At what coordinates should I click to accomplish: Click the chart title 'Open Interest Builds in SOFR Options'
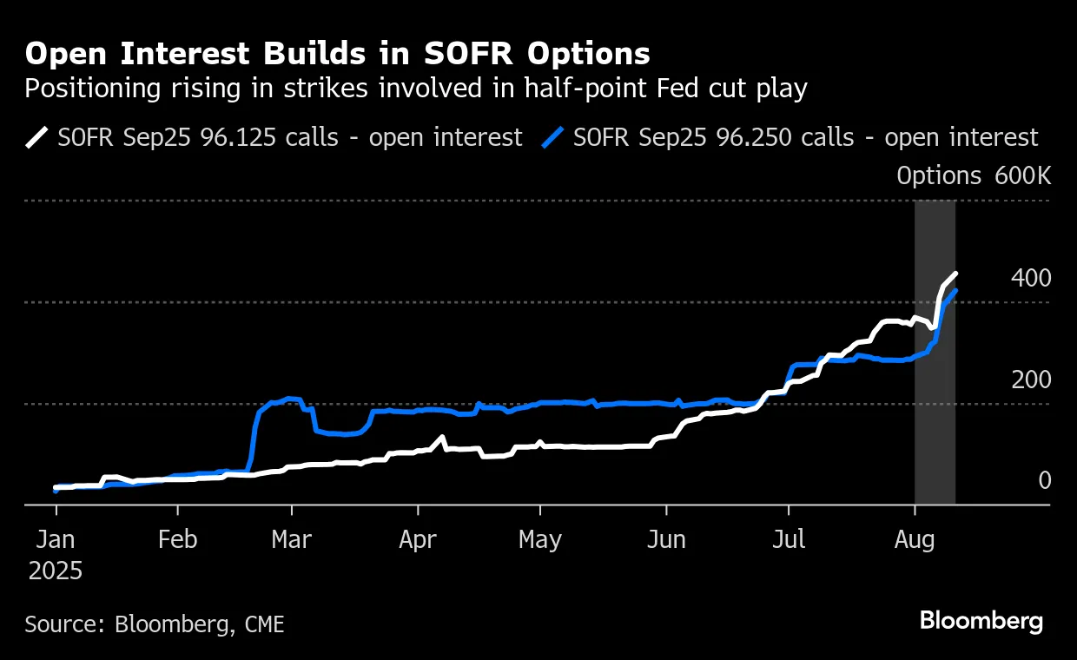click(337, 54)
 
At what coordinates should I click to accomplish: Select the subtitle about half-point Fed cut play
click(416, 89)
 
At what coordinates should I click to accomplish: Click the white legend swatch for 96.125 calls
click(37, 137)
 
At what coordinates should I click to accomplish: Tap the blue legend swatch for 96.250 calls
click(553, 137)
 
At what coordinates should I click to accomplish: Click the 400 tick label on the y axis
click(1031, 278)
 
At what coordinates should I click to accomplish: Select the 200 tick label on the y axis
click(1031, 379)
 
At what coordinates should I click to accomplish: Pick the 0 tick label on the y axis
click(1044, 480)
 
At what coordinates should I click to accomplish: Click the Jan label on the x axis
click(56, 539)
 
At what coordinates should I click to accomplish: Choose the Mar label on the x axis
click(292, 539)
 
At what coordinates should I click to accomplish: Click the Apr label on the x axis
click(418, 539)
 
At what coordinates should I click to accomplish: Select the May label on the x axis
click(540, 539)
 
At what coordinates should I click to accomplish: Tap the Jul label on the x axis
click(788, 539)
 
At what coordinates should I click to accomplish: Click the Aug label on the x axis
click(915, 539)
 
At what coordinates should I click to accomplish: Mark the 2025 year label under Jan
click(56, 571)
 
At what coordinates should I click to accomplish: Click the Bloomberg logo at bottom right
click(981, 622)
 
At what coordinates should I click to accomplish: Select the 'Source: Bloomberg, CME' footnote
click(155, 624)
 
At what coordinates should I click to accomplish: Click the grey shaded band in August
click(935, 391)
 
